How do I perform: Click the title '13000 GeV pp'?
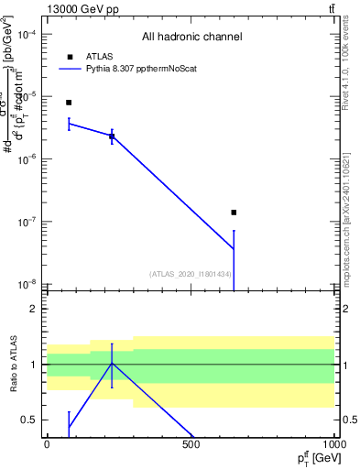(x=77, y=8)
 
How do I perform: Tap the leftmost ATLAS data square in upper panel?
(x=69, y=103)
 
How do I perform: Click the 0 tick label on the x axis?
(x=47, y=444)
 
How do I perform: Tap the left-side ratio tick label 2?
(x=35, y=309)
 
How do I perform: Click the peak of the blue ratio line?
(x=112, y=364)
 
